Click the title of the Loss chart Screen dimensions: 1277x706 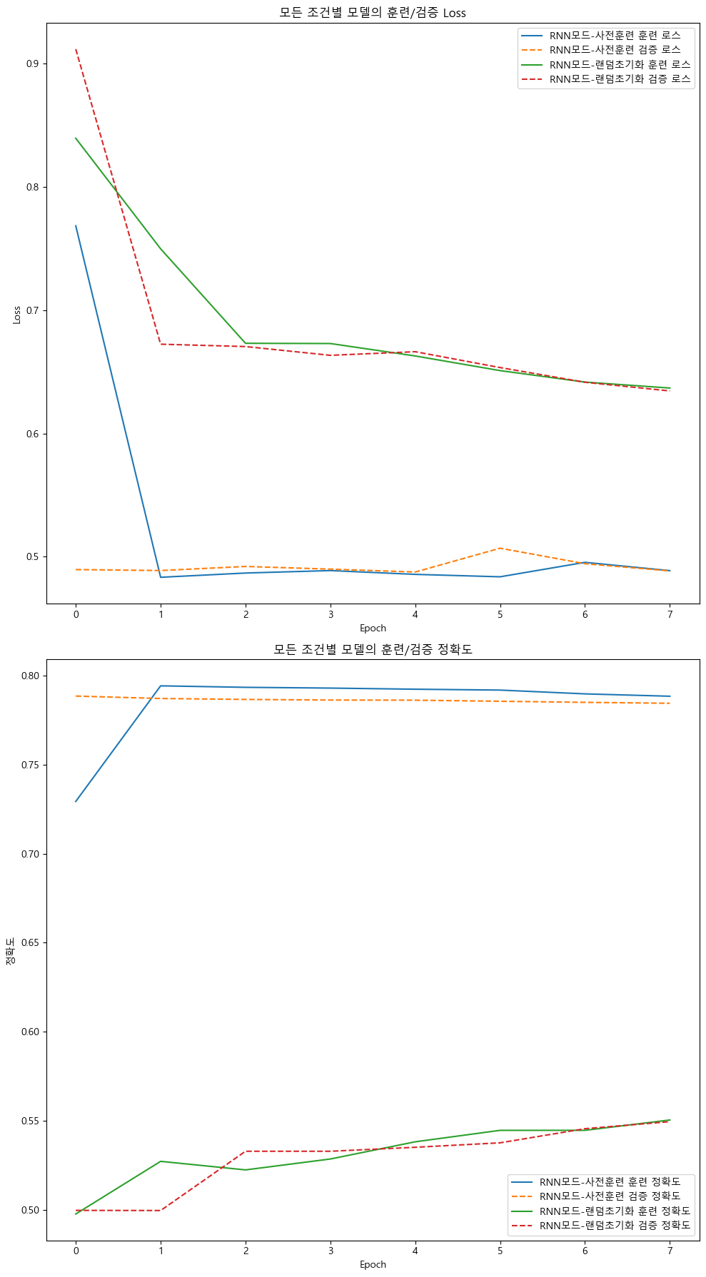(373, 13)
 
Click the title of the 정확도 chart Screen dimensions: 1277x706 (373, 649)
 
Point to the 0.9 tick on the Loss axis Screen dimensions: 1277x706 (32, 63)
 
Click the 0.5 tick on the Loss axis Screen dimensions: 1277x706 (32, 557)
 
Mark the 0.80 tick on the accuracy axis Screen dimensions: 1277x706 (30, 676)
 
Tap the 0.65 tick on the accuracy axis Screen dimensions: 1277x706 (30, 942)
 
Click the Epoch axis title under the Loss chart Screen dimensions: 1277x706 (373, 628)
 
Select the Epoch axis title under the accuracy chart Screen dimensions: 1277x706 (373, 1264)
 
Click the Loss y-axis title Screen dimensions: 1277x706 (16, 315)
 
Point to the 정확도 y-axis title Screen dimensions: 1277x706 (10, 951)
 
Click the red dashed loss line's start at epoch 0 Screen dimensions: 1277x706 (76, 50)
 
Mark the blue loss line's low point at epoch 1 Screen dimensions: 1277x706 (161, 577)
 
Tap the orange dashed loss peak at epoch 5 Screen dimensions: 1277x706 (500, 548)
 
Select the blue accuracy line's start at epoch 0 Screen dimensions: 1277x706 (76, 801)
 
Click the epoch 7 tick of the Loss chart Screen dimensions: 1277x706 (670, 614)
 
